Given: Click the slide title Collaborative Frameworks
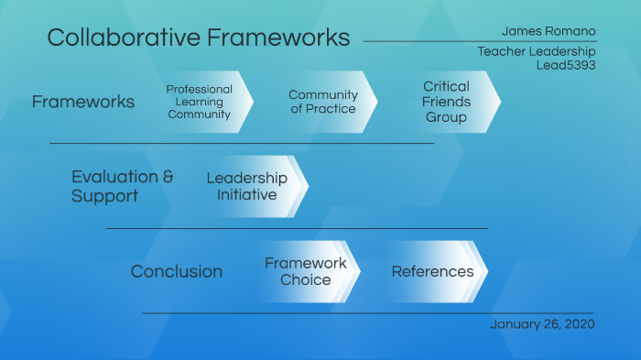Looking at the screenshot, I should (198, 38).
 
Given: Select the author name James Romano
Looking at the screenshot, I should (549, 31).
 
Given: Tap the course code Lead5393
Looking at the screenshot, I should (566, 65).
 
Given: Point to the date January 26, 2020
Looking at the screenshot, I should (543, 324).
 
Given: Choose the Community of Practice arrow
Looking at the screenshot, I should (322, 102).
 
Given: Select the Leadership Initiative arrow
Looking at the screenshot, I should (246, 186).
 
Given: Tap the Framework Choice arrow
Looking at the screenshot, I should (306, 271).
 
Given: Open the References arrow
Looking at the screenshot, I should (432, 271).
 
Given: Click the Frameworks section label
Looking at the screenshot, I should (83, 102).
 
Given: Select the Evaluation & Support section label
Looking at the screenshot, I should (122, 186).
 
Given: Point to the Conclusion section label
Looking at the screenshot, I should (177, 271).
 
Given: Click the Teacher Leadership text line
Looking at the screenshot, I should (537, 51).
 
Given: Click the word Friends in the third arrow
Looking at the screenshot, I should (446, 102).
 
